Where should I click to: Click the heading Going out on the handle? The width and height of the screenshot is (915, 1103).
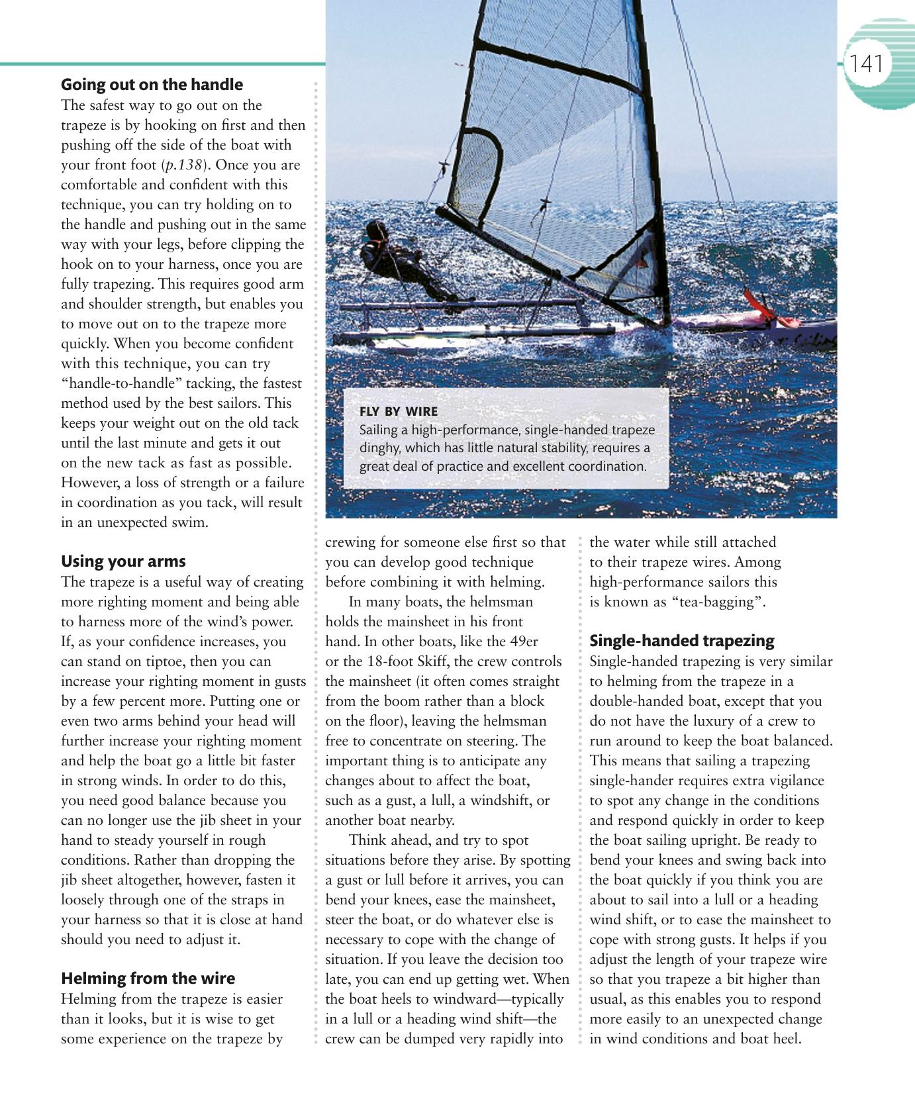tap(152, 85)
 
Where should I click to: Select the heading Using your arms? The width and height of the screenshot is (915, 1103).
tap(123, 561)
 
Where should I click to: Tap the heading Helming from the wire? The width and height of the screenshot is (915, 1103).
tap(148, 979)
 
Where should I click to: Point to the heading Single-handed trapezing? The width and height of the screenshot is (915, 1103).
tap(681, 641)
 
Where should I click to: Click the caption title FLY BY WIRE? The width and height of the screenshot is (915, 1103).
tap(399, 411)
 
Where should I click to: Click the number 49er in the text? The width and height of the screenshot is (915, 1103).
tap(523, 642)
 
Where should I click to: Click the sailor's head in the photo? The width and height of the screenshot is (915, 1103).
tap(376, 230)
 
